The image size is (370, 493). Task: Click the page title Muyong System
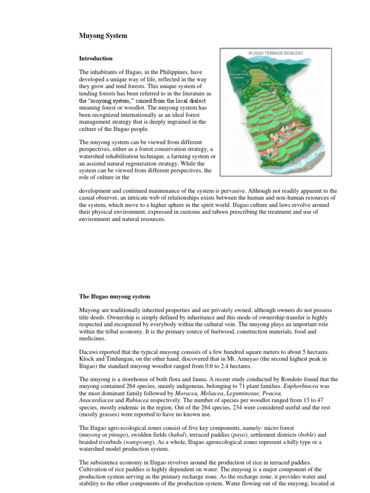pos(103,36)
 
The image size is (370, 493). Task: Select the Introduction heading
pos(96,58)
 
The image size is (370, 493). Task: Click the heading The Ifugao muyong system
pos(115,296)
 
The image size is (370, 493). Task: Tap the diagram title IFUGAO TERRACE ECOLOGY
pos(276,53)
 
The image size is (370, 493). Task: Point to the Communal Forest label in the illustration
pos(238,76)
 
